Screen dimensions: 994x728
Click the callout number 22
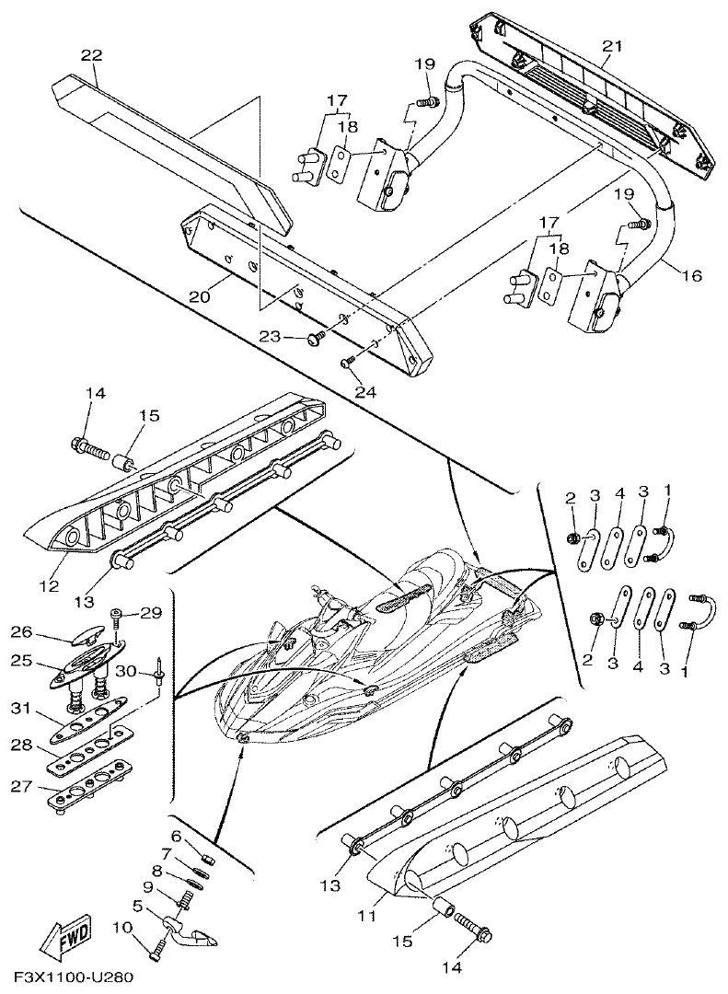point(90,55)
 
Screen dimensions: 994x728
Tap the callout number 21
point(612,46)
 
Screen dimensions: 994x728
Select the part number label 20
point(201,296)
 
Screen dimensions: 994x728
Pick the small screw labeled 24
point(348,364)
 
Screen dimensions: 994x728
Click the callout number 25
point(21,661)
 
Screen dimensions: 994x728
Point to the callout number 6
point(175,835)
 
